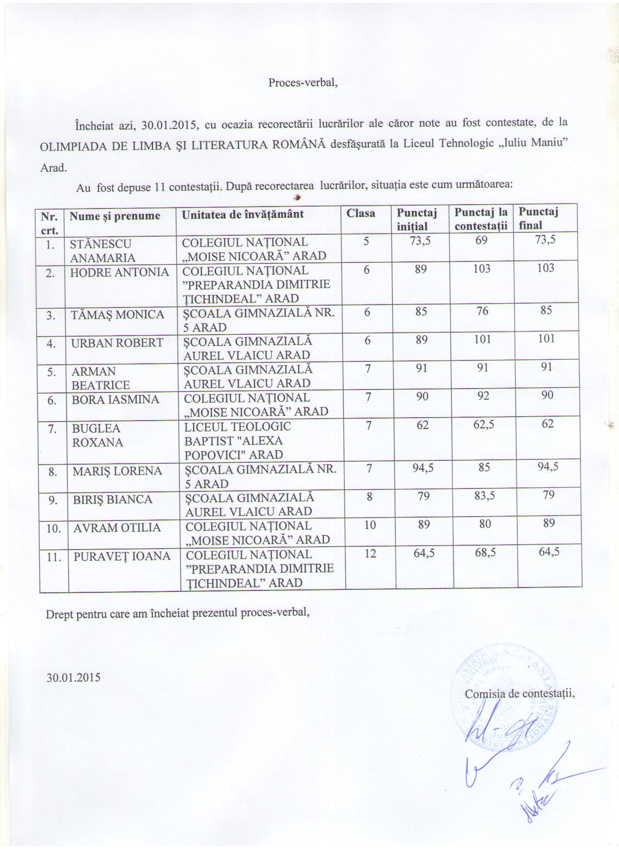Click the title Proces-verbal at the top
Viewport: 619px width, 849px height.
click(x=303, y=82)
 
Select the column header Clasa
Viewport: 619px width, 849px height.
click(x=360, y=213)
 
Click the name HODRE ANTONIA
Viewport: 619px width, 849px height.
click(x=119, y=273)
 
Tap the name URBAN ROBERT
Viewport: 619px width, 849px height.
click(x=117, y=343)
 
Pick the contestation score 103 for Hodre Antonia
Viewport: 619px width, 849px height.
click(x=482, y=268)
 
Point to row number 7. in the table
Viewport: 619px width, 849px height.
click(x=50, y=429)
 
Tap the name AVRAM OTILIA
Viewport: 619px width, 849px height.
click(x=117, y=528)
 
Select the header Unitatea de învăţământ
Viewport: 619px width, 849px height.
click(x=243, y=214)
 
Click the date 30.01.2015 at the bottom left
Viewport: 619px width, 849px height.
click(x=73, y=677)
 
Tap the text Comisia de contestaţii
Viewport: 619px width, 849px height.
click(x=519, y=694)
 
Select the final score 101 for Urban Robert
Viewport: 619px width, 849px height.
click(x=547, y=339)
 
